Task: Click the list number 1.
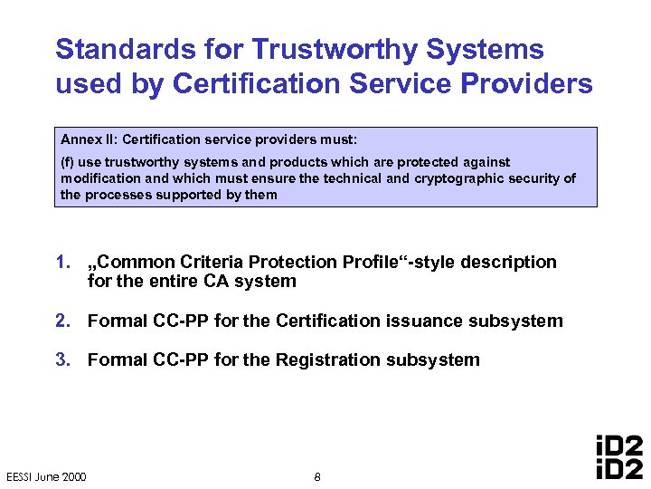tap(62, 263)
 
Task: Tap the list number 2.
tap(62, 321)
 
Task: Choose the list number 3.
tap(62, 360)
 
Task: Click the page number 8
tap(316, 477)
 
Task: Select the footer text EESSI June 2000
tap(46, 477)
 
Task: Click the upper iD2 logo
tap(620, 446)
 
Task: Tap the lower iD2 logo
tap(620, 468)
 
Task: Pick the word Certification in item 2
tap(324, 321)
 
